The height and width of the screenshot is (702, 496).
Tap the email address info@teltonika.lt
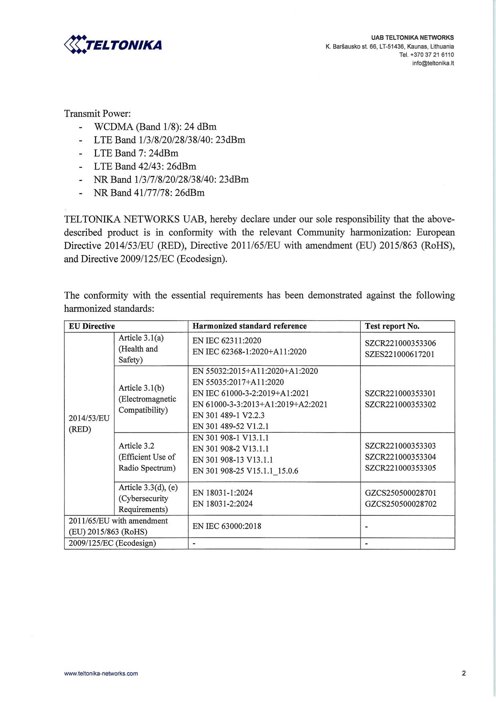433,63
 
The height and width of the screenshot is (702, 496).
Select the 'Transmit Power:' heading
98,113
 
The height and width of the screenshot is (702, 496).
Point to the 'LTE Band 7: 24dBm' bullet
136,153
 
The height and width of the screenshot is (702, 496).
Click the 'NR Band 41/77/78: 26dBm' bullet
149,193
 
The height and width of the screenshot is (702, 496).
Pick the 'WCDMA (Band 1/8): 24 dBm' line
155,127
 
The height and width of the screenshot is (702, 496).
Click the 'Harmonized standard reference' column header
249,326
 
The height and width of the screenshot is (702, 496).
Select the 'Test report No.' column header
392,326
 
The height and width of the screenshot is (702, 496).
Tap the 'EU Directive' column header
92,326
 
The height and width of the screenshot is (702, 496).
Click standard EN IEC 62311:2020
227,341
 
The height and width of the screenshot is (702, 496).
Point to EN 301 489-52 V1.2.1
230,426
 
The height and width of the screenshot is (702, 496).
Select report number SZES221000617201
400,354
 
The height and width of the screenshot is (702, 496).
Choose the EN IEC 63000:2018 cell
227,526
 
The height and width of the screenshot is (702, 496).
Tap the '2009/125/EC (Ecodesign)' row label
112,543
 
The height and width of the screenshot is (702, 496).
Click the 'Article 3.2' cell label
137,446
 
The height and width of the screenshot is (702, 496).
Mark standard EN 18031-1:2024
223,492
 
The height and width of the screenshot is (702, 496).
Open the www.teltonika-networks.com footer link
101,674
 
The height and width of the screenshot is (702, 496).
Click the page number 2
464,673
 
